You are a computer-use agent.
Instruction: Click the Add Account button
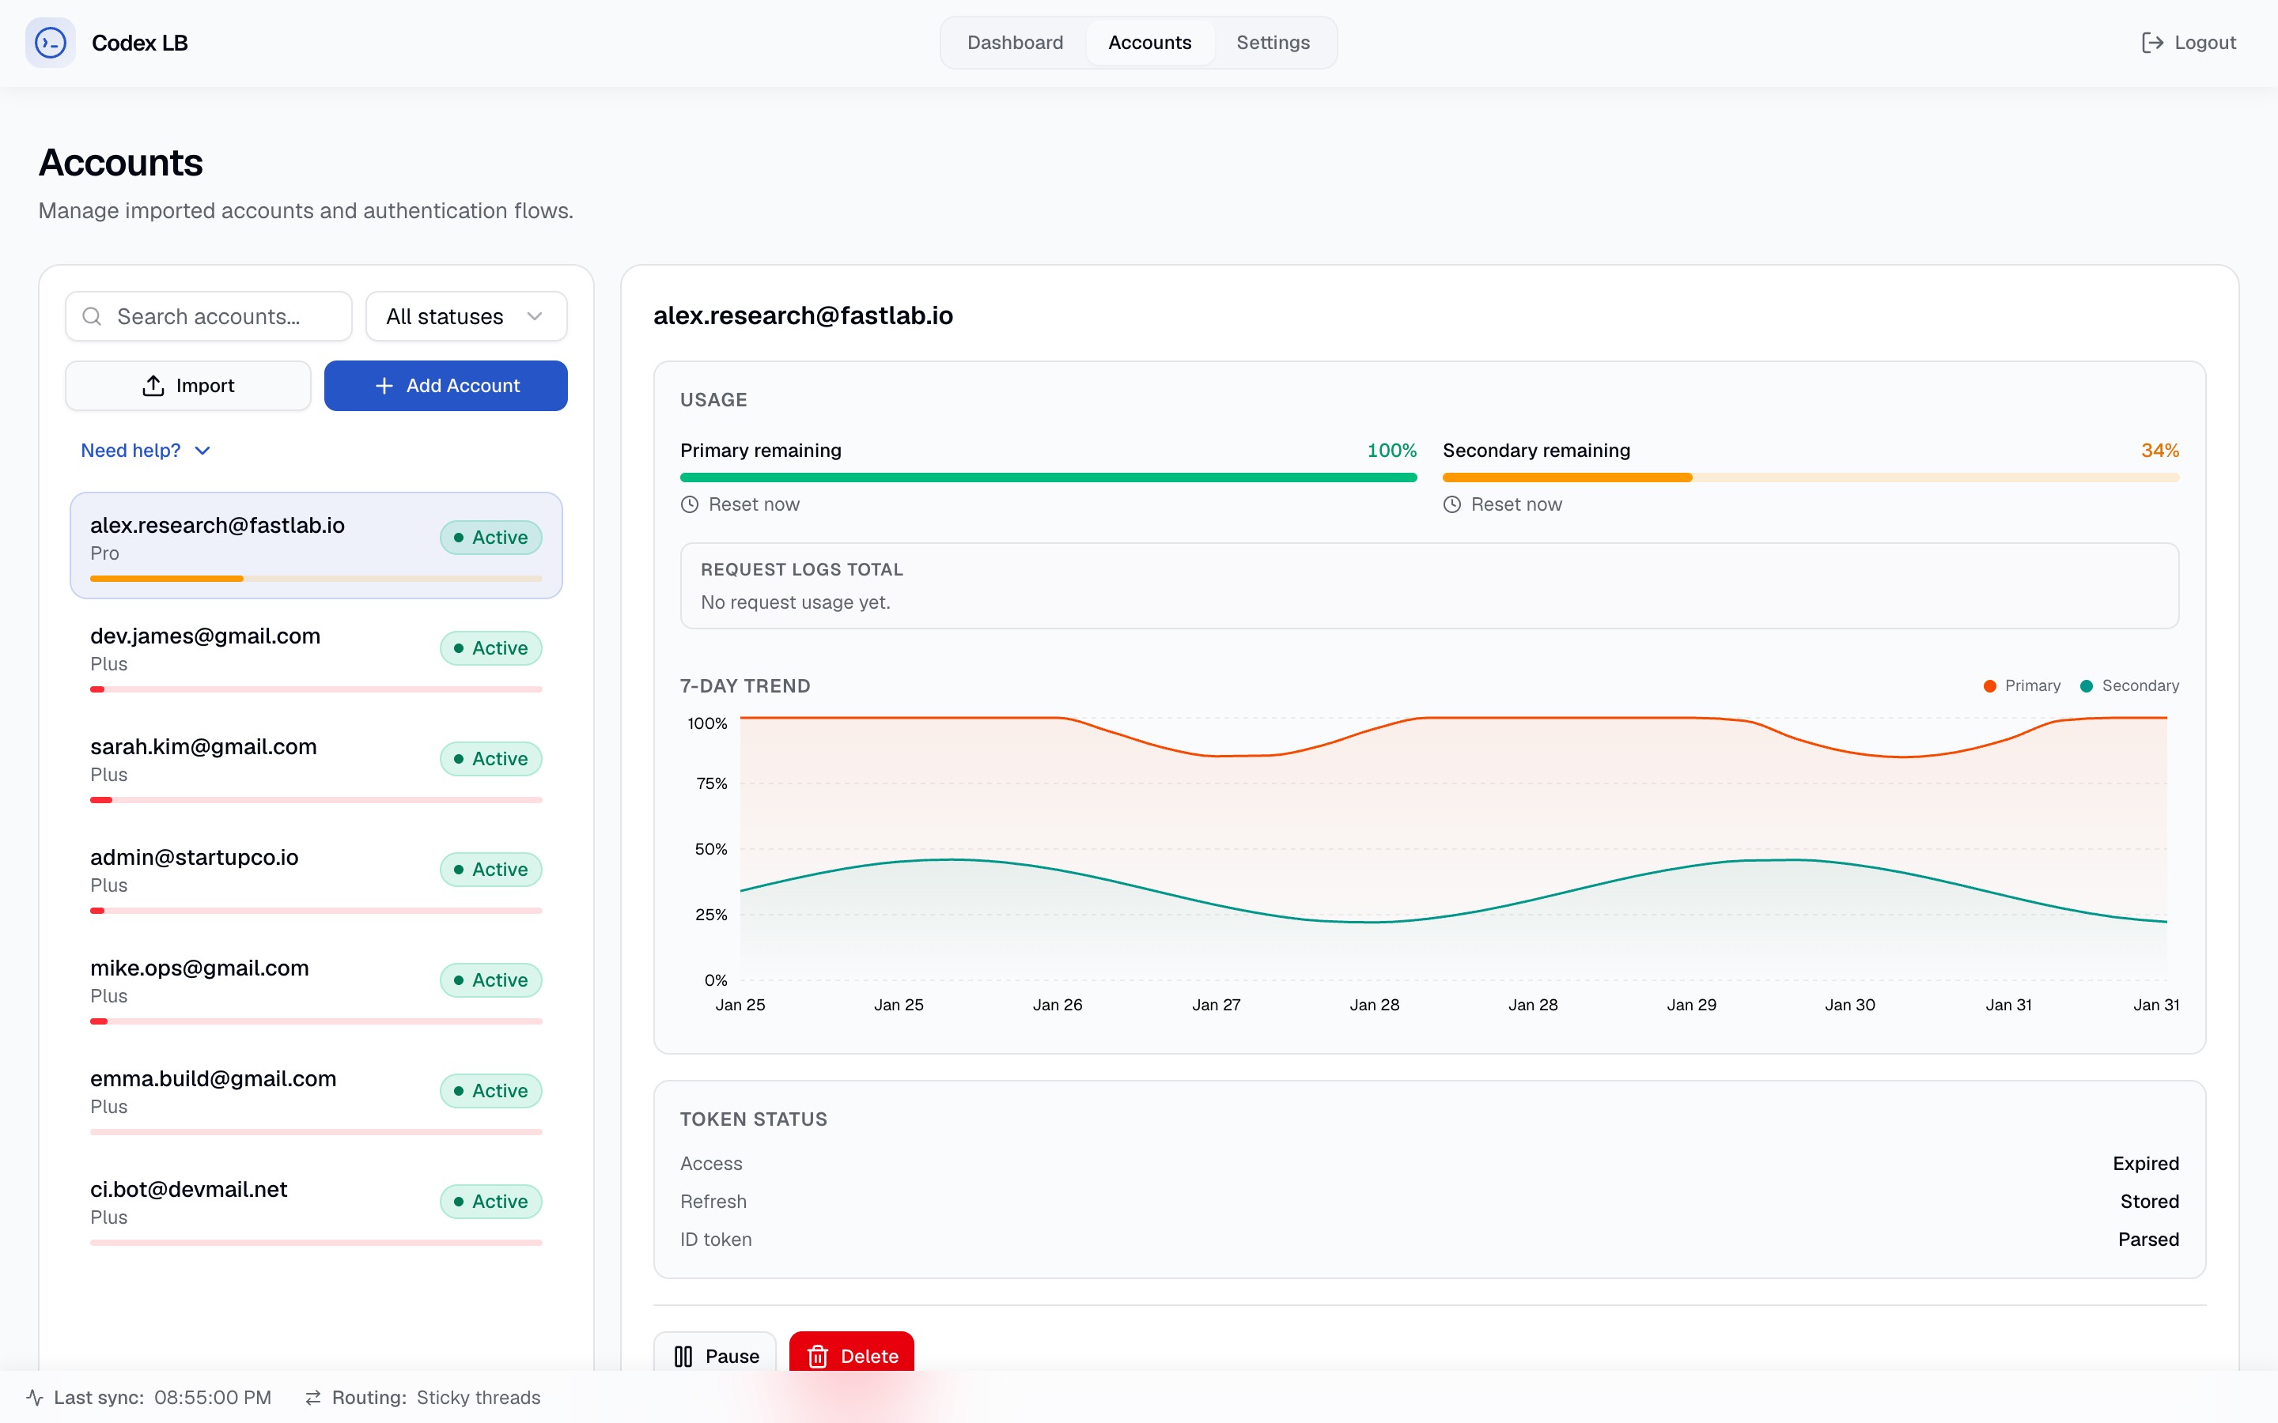coord(445,386)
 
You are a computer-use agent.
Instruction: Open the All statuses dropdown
coord(466,316)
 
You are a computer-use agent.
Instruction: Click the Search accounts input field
coord(209,316)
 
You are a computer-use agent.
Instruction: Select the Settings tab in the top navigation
coord(1273,43)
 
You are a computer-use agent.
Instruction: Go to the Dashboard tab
coord(1015,43)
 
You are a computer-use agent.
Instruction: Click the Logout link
coord(2189,43)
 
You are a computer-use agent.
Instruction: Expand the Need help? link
coord(146,451)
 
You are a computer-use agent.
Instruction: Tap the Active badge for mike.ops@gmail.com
coord(490,979)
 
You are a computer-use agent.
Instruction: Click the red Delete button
coord(851,1355)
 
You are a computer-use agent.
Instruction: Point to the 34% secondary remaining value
coord(2159,451)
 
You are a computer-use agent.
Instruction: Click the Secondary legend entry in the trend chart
coord(2129,686)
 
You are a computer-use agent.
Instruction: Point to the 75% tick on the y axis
coord(712,783)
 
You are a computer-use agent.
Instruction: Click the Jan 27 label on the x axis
coord(1217,1005)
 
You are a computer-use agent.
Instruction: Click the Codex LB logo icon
coord(50,43)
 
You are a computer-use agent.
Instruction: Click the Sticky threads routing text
coord(479,1398)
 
